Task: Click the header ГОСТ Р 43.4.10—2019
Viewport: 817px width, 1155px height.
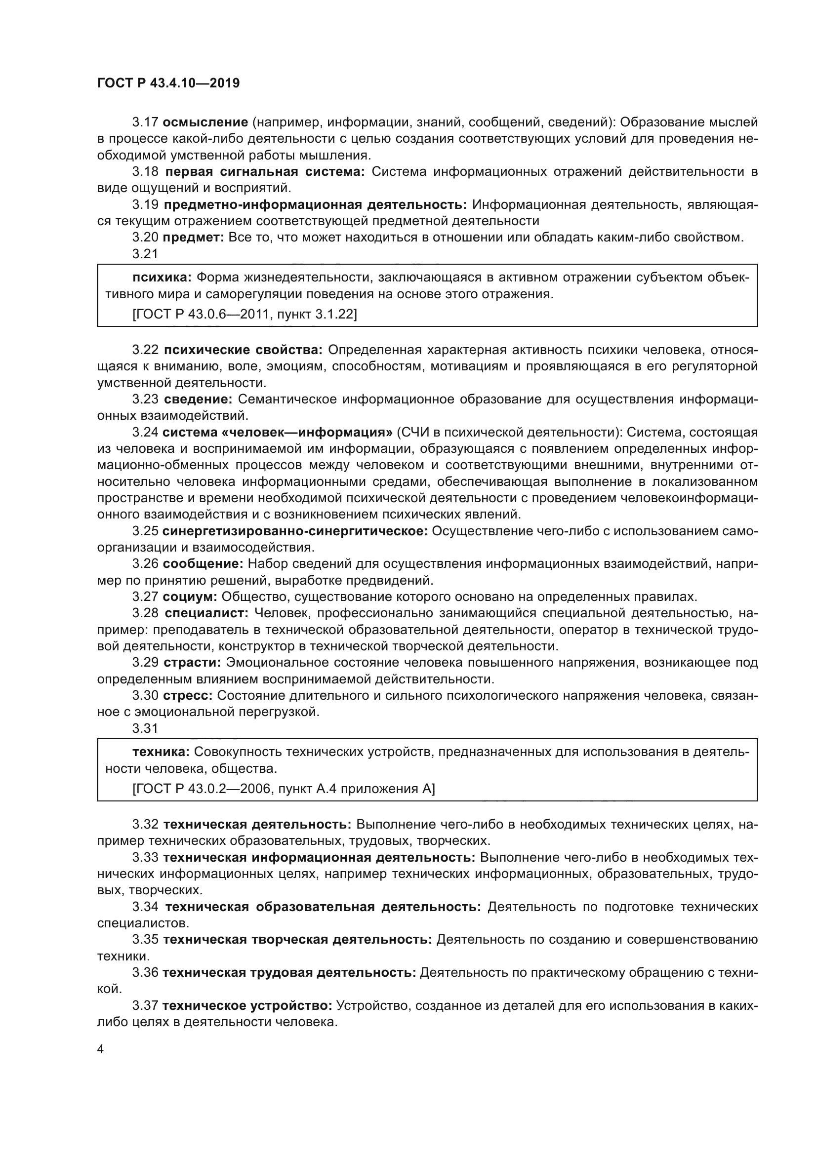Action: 168,83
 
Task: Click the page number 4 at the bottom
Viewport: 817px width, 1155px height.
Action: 100,1049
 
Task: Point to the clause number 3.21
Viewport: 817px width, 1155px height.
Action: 145,254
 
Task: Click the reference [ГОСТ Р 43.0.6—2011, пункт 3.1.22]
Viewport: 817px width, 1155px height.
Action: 245,315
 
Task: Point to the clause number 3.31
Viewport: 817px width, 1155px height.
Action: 145,728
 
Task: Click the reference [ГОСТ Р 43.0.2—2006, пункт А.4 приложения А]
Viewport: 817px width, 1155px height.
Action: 283,789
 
